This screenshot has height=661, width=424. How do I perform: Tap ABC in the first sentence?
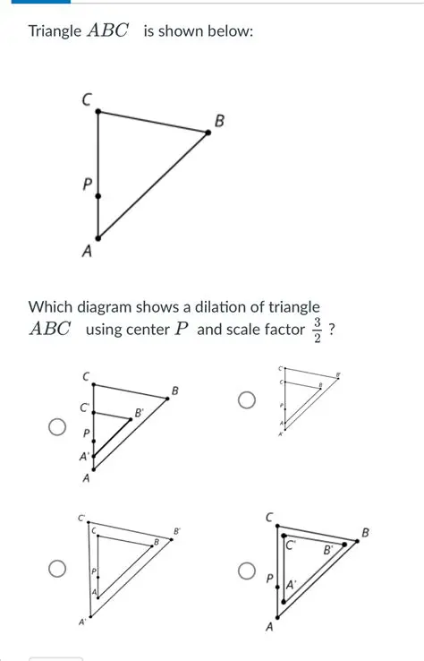tap(107, 31)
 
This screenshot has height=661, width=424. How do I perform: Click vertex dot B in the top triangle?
tap(208, 132)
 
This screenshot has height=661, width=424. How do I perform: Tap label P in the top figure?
tap(87, 185)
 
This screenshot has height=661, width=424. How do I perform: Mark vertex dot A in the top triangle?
tap(98, 237)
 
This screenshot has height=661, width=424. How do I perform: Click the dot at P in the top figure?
tap(98, 195)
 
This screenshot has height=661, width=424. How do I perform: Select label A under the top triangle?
tap(87, 253)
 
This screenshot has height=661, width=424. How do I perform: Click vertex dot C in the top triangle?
tap(98, 112)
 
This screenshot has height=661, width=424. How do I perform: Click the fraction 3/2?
tap(317, 329)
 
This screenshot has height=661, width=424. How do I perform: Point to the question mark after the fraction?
tap(332, 329)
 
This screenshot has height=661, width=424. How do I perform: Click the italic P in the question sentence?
tap(182, 329)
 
